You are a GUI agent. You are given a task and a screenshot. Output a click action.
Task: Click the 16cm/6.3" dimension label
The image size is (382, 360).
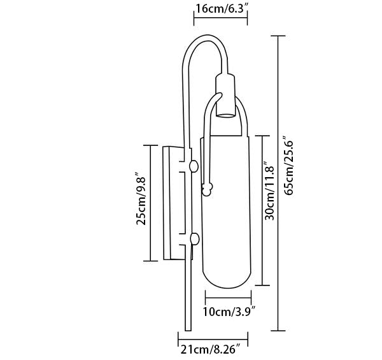tap(222, 8)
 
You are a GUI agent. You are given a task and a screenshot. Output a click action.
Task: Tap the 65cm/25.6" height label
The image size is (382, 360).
tap(289, 165)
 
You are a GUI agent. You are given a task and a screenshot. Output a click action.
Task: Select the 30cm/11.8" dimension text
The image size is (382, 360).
tap(270, 190)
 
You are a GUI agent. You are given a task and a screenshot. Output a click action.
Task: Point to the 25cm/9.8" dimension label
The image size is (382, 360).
tap(141, 198)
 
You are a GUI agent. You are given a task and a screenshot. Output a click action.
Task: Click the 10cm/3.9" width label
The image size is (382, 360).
tap(229, 312)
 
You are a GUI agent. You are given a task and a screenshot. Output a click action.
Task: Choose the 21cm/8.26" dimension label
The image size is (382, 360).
tap(211, 350)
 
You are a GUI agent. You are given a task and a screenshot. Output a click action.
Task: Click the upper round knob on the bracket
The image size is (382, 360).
tap(194, 166)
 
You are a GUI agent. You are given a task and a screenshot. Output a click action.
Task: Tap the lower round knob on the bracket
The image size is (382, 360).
tap(195, 239)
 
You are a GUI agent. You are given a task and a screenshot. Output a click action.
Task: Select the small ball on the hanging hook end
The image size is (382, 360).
tap(207, 189)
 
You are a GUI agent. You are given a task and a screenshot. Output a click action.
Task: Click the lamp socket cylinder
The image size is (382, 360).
tap(225, 96)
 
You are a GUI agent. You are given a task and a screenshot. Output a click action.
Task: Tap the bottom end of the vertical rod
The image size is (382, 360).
tap(188, 330)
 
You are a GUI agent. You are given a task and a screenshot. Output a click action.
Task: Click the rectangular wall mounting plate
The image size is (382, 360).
tap(167, 203)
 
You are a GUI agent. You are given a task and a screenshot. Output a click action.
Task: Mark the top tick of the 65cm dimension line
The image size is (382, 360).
tap(278, 36)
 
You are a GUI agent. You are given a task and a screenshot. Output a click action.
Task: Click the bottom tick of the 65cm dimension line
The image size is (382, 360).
tap(278, 331)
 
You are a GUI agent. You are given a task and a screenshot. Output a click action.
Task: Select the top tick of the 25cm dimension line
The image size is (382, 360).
tap(150, 145)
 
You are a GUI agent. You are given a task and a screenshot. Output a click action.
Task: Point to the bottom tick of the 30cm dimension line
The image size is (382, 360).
tap(262, 285)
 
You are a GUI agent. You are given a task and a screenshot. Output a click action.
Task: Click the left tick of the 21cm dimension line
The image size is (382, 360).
tap(178, 339)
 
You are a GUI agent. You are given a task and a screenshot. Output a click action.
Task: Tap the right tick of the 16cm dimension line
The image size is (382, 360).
tap(248, 18)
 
